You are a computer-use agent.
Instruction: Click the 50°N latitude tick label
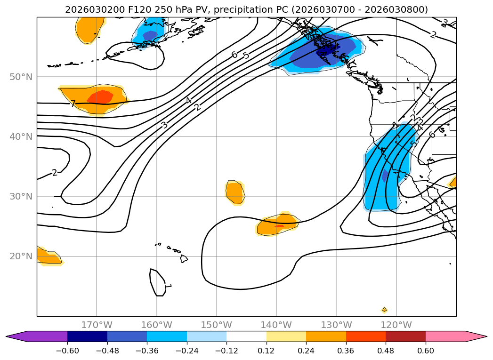tap(21, 77)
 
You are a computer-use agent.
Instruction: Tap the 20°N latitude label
tap(21, 256)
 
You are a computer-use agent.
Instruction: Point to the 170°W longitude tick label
tap(97, 325)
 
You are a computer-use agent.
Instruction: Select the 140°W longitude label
tap(276, 325)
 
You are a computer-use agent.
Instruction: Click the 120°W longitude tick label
tap(396, 325)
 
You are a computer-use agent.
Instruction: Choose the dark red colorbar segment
tap(405, 336)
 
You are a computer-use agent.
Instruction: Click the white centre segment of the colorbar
tap(246, 336)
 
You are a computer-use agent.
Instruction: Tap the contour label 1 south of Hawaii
tap(167, 286)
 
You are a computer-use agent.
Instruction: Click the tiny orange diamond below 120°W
tap(384, 310)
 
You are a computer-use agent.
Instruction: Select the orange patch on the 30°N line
tap(234, 192)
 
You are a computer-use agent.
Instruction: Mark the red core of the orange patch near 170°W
tap(100, 97)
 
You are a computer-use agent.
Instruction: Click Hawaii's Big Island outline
tap(184, 258)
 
